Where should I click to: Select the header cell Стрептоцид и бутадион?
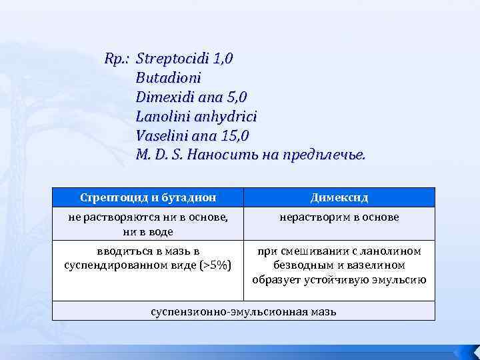click(x=148, y=198)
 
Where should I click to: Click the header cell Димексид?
click(x=339, y=198)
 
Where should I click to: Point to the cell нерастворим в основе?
click(x=339, y=217)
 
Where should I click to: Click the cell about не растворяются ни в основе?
click(x=148, y=224)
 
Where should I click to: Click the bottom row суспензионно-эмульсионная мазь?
click(x=243, y=311)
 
